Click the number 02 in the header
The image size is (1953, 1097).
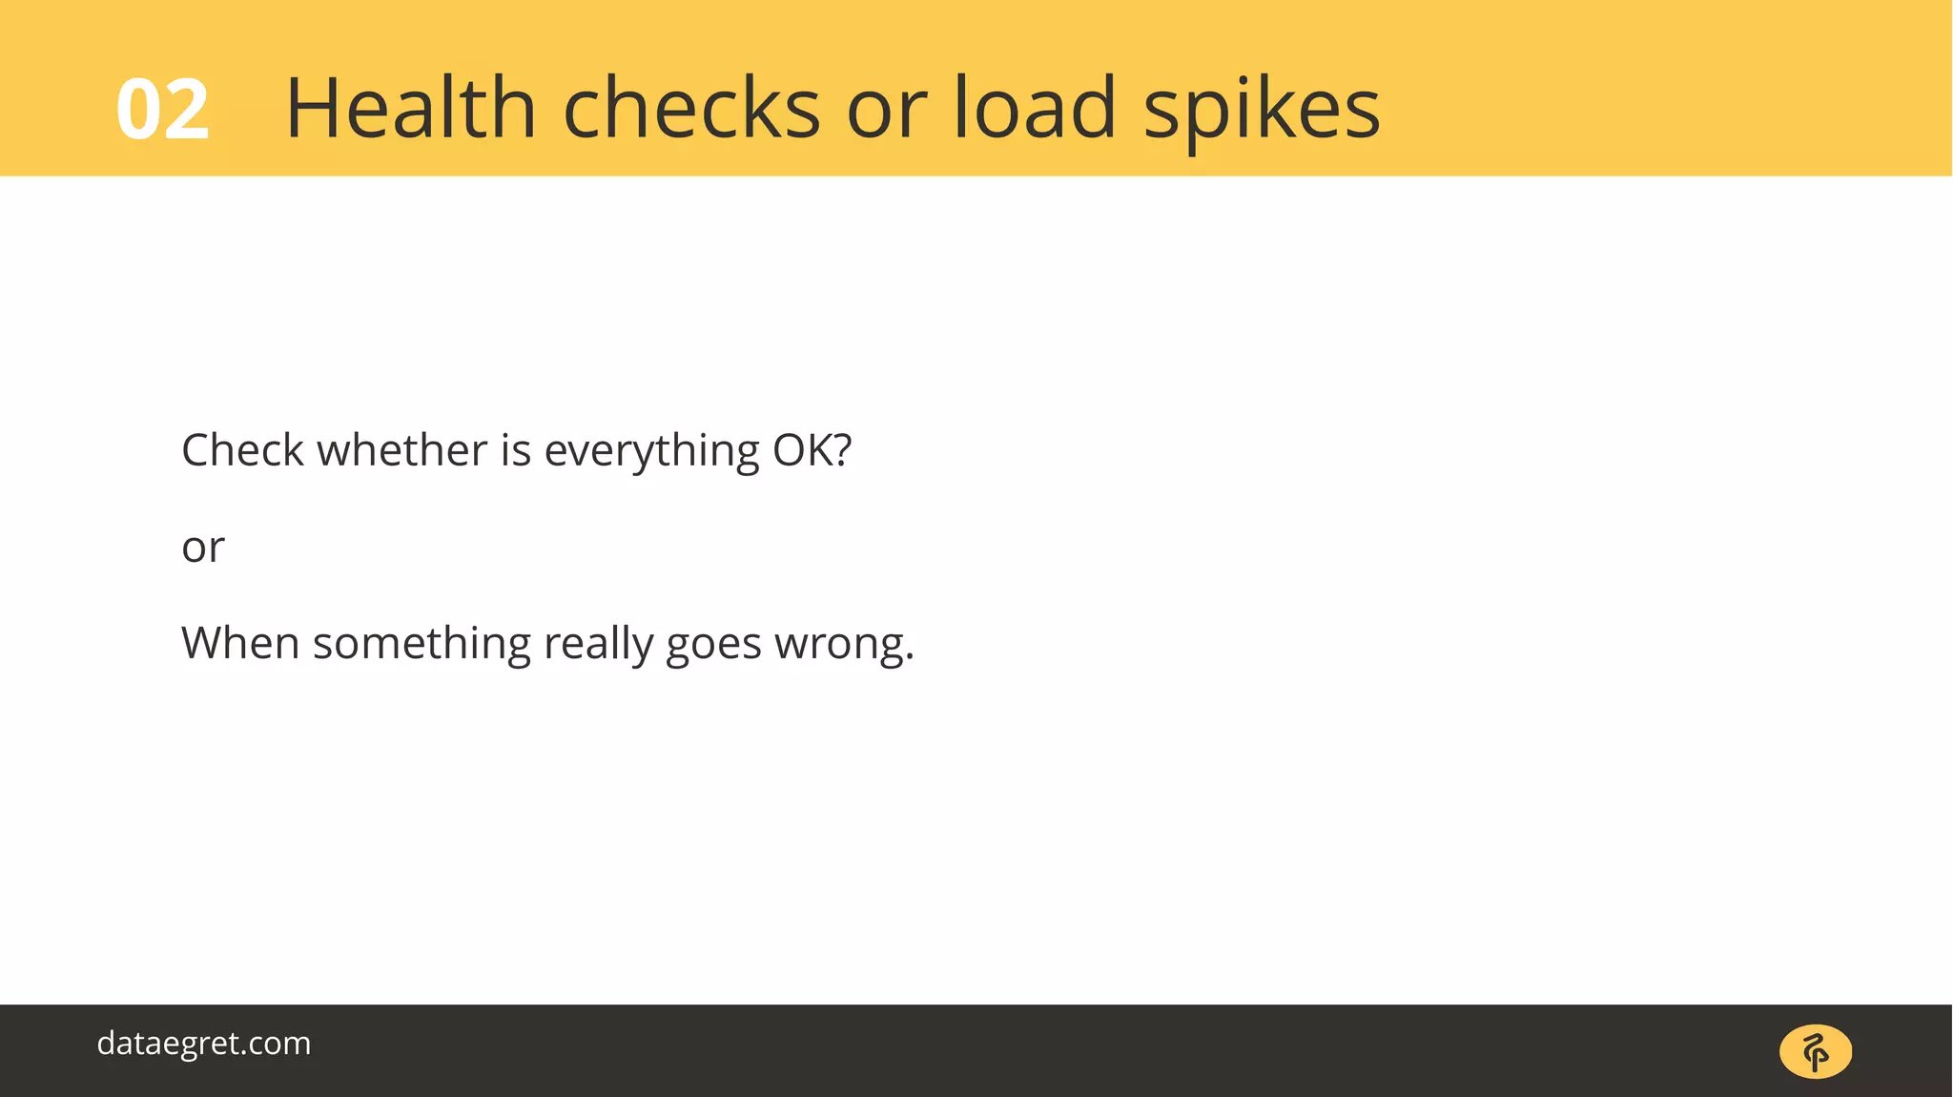(162, 111)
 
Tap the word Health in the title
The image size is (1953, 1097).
(411, 108)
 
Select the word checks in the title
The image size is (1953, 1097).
(691, 108)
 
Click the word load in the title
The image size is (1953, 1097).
(1035, 108)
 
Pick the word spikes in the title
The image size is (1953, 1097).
(1262, 111)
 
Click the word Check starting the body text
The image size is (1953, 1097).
(242, 450)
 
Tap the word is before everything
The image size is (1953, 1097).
(515, 450)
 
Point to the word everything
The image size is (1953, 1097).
(651, 452)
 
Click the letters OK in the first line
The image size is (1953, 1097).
(802, 450)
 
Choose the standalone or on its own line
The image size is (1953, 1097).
(203, 548)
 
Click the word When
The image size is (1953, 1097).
(240, 643)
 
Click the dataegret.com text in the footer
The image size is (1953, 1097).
(204, 1044)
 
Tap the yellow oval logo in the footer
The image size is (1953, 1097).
(1816, 1052)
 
